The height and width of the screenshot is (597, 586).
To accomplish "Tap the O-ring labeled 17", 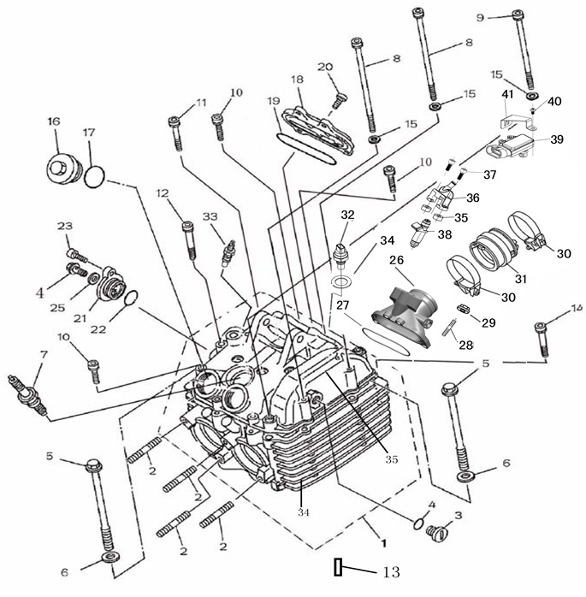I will tap(94, 177).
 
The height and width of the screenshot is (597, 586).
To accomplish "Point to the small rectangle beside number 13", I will tap(340, 566).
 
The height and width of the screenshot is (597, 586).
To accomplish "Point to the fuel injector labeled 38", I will tap(423, 233).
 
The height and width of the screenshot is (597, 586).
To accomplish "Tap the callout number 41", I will tap(507, 94).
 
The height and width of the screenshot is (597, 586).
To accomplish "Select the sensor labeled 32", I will tap(342, 251).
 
